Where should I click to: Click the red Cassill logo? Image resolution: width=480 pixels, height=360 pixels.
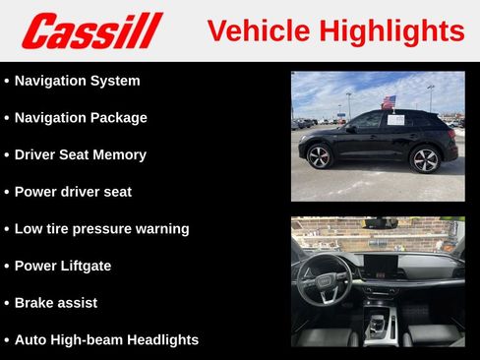[x=91, y=30]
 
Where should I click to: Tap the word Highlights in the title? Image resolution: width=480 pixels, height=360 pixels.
[x=391, y=30]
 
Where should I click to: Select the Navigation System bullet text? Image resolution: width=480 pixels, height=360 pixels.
[x=77, y=81]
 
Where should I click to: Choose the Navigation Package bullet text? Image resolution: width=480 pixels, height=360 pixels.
[x=81, y=118]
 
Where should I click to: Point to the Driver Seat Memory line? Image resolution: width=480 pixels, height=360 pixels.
[x=81, y=154]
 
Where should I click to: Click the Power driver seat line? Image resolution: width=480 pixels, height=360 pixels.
[x=73, y=192]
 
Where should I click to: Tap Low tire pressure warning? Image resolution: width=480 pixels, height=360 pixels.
[x=101, y=229]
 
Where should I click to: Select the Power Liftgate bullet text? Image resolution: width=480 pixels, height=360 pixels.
[x=63, y=266]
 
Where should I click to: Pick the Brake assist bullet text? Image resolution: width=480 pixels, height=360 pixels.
[x=56, y=303]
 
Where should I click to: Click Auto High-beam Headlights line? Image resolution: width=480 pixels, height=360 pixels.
[x=106, y=339]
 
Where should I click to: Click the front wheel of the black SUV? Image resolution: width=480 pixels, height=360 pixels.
[x=320, y=156]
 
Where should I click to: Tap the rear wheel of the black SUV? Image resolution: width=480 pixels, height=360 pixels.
[x=425, y=158]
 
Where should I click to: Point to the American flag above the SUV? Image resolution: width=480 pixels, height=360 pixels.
[x=388, y=101]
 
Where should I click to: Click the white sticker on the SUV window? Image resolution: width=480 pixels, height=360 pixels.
[x=395, y=120]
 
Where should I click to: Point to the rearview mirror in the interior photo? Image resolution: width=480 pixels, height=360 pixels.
[x=378, y=222]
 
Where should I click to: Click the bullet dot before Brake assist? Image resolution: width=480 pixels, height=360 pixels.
[x=7, y=303]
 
